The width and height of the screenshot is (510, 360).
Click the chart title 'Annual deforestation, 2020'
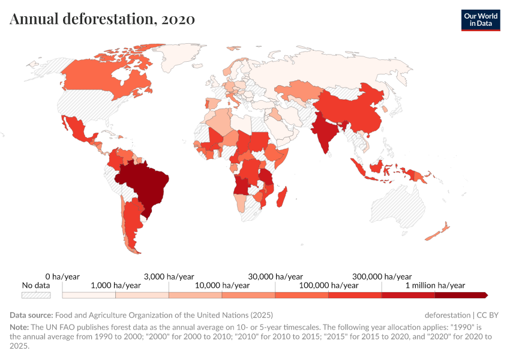[102, 19]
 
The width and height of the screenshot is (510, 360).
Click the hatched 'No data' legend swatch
[36, 295]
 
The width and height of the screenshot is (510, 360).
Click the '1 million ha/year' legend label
[435, 286]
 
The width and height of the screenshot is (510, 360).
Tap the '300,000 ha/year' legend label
[382, 277]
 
